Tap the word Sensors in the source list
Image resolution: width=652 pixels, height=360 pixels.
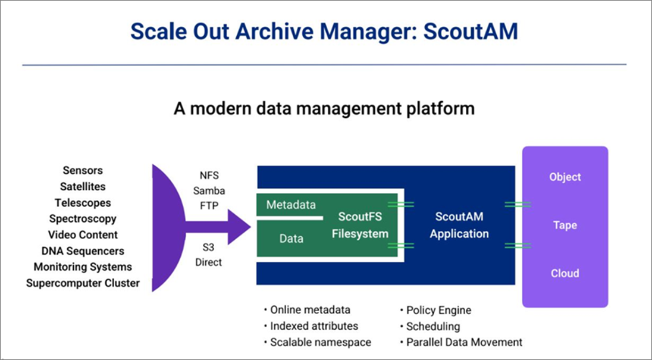pyautogui.click(x=83, y=171)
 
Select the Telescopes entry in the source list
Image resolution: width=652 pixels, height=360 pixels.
pyautogui.click(x=83, y=203)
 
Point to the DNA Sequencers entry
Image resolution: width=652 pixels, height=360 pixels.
pyautogui.click(x=83, y=251)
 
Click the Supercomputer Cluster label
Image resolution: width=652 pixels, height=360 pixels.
pyautogui.click(x=83, y=283)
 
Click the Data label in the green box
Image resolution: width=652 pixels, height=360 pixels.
pyautogui.click(x=291, y=239)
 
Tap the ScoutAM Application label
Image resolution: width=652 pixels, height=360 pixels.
pyautogui.click(x=459, y=226)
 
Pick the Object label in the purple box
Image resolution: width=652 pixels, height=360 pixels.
pyautogui.click(x=565, y=177)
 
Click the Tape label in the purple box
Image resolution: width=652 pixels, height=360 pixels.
pyautogui.click(x=565, y=226)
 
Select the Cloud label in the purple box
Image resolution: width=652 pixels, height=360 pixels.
pyautogui.click(x=565, y=274)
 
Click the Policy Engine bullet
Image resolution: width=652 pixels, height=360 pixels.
pyautogui.click(x=438, y=310)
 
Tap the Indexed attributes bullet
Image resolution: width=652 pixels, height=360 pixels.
pyautogui.click(x=314, y=326)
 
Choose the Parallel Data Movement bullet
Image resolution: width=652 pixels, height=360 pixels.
pyautogui.click(x=463, y=342)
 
